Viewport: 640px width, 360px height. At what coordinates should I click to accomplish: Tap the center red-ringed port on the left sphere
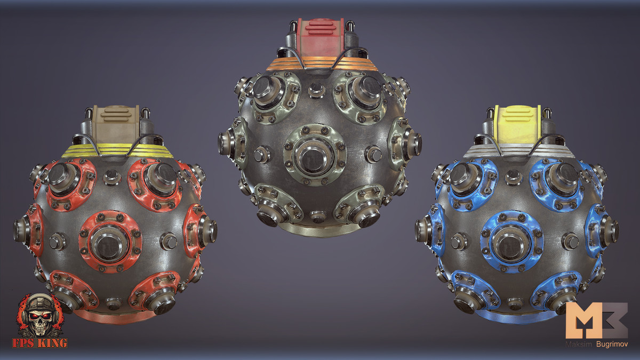(x=110, y=242)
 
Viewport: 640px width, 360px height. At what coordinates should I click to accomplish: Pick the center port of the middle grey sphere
(x=315, y=154)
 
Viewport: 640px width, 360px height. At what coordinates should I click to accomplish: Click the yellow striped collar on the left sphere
(x=117, y=150)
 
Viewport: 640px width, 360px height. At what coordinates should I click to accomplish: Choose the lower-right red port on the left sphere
(x=158, y=297)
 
